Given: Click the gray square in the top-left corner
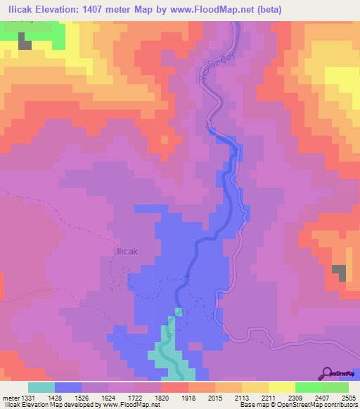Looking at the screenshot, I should point(25,41).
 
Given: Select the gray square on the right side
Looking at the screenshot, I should point(339,273).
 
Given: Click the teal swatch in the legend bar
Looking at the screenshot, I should point(41,387).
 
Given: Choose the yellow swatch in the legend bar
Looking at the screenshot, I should point(281,387).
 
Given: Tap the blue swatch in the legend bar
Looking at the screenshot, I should point(68,387).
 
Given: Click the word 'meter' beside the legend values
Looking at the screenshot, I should point(9,398).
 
